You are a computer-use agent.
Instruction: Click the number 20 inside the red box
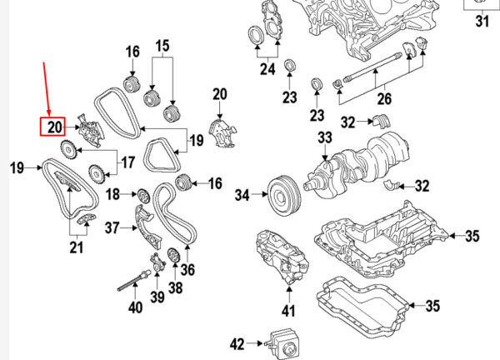(x=55, y=127)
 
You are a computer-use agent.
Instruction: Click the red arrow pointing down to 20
(x=47, y=89)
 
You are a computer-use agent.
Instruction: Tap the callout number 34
(x=242, y=194)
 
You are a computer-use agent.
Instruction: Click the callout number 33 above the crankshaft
(x=325, y=137)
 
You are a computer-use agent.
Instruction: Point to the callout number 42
(x=237, y=344)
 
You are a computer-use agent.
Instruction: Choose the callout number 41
(x=288, y=311)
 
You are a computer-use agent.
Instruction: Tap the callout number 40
(x=136, y=307)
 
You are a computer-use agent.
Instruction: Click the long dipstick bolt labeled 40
(x=133, y=281)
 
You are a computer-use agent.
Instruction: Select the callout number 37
(x=112, y=228)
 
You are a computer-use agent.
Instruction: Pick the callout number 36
(x=187, y=270)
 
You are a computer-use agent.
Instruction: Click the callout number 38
(x=175, y=287)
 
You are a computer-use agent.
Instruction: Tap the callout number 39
(x=157, y=297)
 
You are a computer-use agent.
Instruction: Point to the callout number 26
(x=384, y=99)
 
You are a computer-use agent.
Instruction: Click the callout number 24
(x=267, y=69)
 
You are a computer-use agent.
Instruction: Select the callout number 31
(x=482, y=22)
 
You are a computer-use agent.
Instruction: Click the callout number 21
(x=77, y=247)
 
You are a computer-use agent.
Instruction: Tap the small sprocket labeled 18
(x=143, y=196)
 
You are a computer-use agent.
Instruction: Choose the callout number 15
(x=162, y=46)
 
